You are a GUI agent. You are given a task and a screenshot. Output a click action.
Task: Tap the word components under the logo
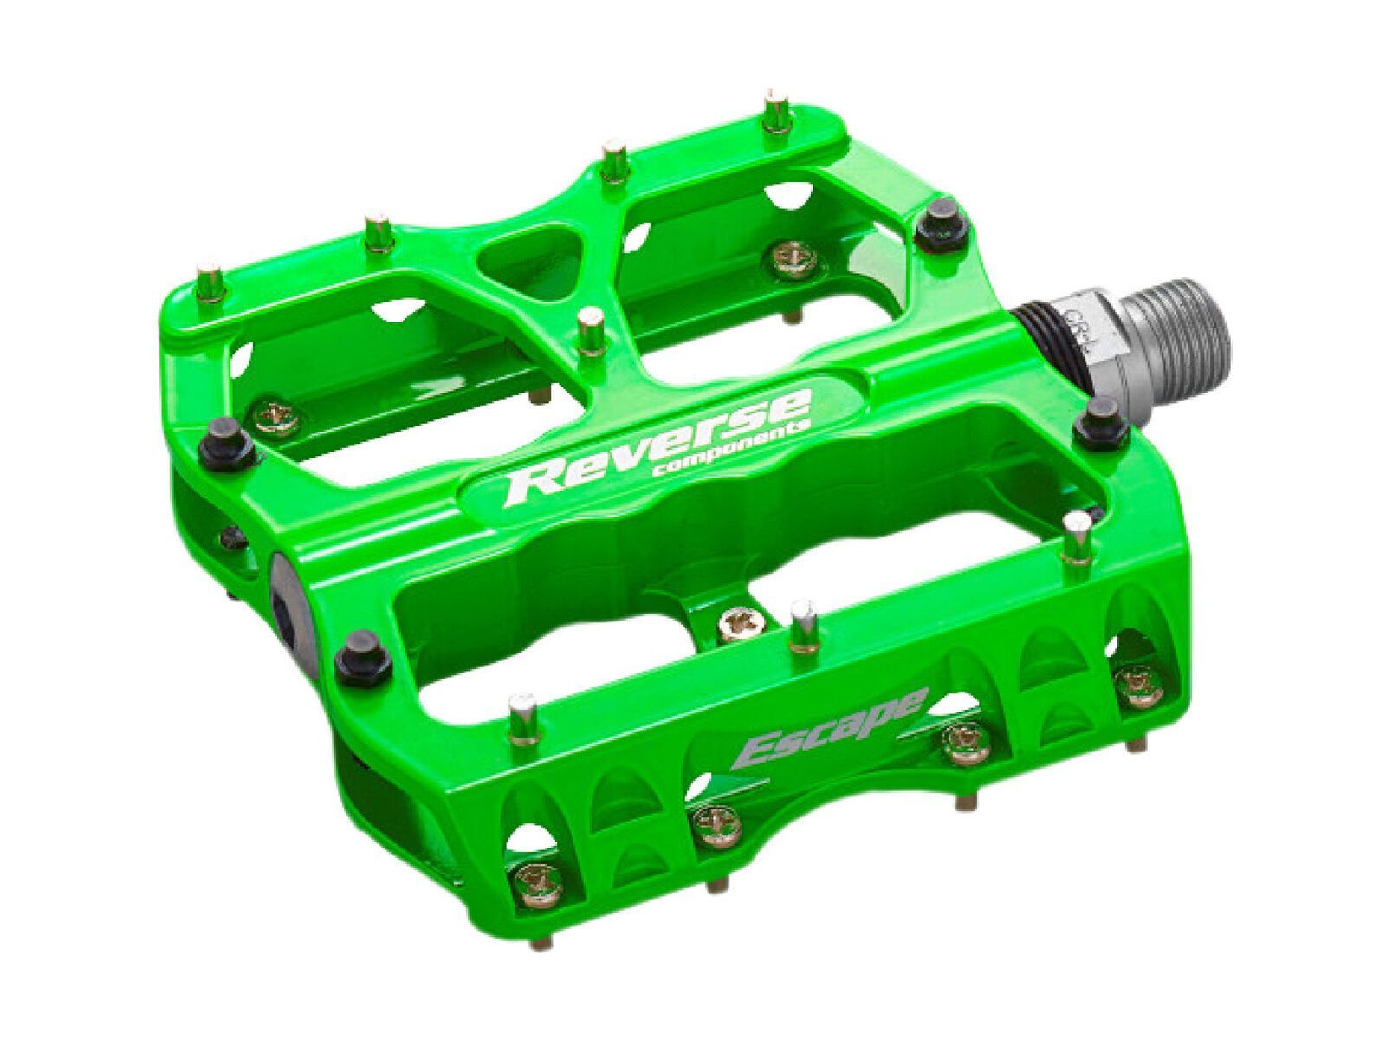[732, 449]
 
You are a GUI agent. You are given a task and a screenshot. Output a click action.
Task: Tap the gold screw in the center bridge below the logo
[737, 618]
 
